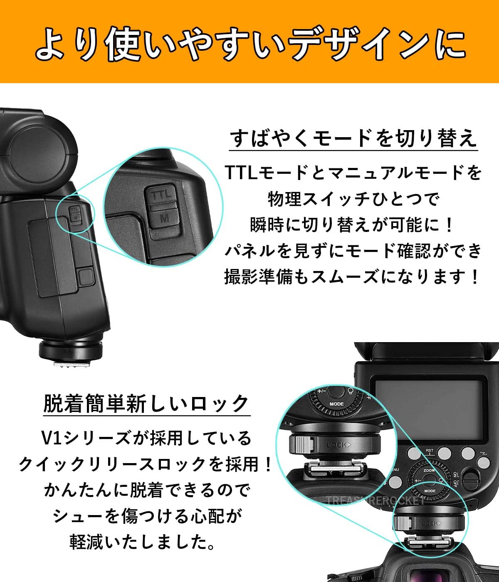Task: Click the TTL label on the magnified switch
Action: (x=161, y=195)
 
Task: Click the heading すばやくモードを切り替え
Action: (x=353, y=138)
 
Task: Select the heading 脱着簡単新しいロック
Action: (x=146, y=404)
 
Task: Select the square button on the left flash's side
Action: (x=86, y=277)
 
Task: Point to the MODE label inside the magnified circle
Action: (x=336, y=404)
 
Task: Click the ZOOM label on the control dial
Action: (x=429, y=470)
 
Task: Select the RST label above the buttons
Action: (x=430, y=450)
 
